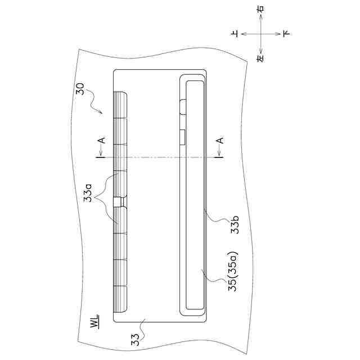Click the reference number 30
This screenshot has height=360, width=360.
click(x=80, y=89)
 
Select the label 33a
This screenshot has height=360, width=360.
click(x=88, y=193)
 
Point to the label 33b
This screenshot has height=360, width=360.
click(x=235, y=224)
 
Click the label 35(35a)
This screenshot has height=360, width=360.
click(x=233, y=272)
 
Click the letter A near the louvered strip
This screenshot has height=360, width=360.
click(x=102, y=140)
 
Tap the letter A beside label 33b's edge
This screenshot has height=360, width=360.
click(x=220, y=140)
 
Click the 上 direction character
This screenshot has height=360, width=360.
click(x=235, y=34)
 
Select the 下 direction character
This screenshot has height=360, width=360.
click(x=286, y=34)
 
